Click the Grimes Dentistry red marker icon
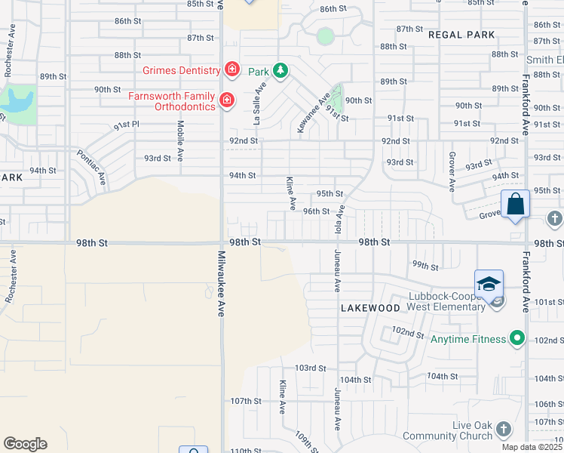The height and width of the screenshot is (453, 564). coord(232,71)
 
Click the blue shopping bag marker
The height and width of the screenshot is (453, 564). coord(515,205)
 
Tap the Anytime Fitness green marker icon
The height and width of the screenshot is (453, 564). coord(517,339)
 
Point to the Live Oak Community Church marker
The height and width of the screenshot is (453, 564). coord(503,430)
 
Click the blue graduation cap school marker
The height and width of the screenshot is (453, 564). coord(489,284)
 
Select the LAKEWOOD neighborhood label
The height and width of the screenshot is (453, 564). coord(369,308)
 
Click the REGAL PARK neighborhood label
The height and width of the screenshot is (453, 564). coord(461,35)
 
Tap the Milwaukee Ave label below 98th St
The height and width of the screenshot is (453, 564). coord(221,283)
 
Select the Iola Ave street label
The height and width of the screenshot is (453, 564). coord(340,220)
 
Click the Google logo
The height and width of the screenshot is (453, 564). coord(25,444)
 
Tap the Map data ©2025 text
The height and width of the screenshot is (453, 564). coord(530,447)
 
